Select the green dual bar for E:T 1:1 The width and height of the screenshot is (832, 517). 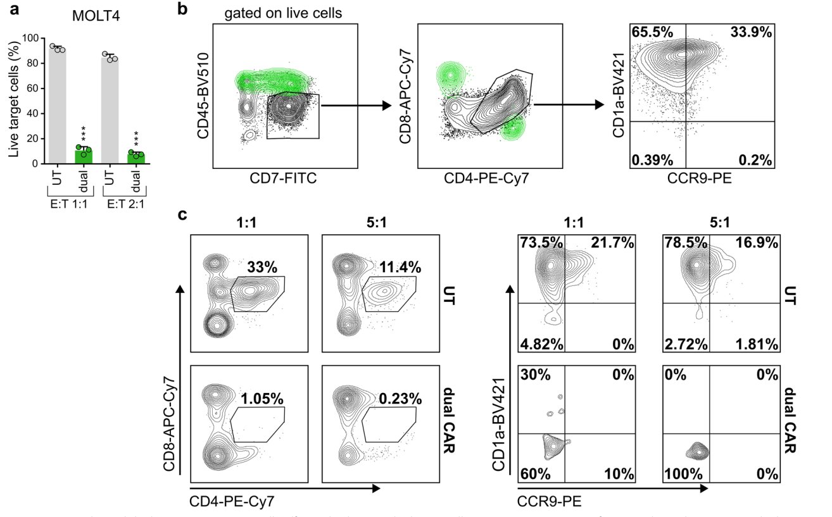pos(84,156)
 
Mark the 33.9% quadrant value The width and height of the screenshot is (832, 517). pos(751,33)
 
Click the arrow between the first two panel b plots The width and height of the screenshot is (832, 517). pos(355,105)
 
